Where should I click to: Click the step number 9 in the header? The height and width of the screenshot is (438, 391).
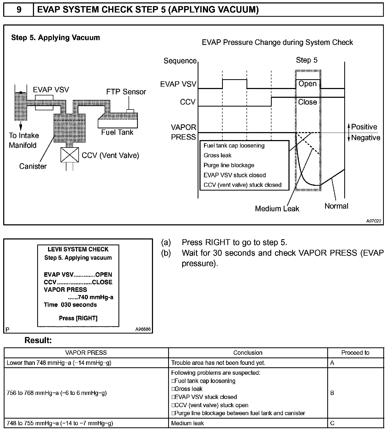(19, 10)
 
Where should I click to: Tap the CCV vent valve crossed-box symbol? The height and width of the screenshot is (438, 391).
(70, 155)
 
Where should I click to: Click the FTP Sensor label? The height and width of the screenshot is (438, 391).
(126, 92)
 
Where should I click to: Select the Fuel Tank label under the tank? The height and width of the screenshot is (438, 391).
(117, 132)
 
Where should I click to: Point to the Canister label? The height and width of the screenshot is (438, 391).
(33, 166)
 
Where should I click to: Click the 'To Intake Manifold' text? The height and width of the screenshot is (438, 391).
(24, 140)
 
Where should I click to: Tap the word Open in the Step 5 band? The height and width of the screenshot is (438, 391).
(307, 84)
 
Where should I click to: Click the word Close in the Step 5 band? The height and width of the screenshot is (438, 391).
(307, 102)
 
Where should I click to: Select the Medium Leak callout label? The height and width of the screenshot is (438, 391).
(277, 209)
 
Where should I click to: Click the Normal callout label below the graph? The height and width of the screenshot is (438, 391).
(336, 206)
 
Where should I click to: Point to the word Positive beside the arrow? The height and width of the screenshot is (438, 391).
(364, 127)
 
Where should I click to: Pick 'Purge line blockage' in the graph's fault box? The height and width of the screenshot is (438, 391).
(229, 165)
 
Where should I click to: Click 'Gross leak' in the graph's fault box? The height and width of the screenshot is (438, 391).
(217, 155)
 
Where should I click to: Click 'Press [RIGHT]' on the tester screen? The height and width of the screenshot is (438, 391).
(78, 318)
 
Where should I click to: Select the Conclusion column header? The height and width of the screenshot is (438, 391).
(248, 353)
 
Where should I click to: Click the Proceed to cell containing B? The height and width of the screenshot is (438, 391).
(332, 393)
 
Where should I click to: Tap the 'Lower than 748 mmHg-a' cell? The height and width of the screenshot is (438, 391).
(59, 363)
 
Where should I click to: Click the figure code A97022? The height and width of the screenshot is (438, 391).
(374, 221)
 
